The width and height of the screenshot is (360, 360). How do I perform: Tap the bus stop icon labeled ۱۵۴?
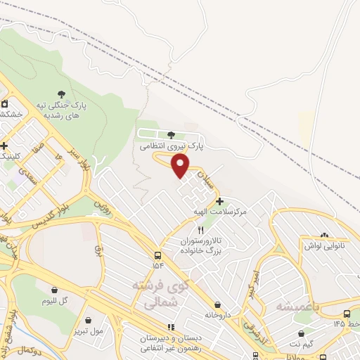(x=157, y=255)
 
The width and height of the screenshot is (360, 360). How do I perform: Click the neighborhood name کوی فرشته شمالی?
(x=160, y=293)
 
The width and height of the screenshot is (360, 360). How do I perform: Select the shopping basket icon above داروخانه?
(x=217, y=304)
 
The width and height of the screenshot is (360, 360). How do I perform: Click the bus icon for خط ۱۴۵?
(x=347, y=314)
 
